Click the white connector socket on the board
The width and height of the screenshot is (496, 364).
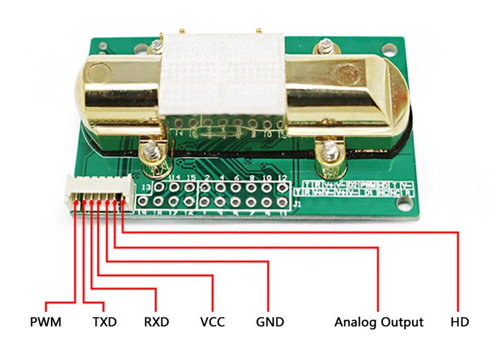click(95, 190)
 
